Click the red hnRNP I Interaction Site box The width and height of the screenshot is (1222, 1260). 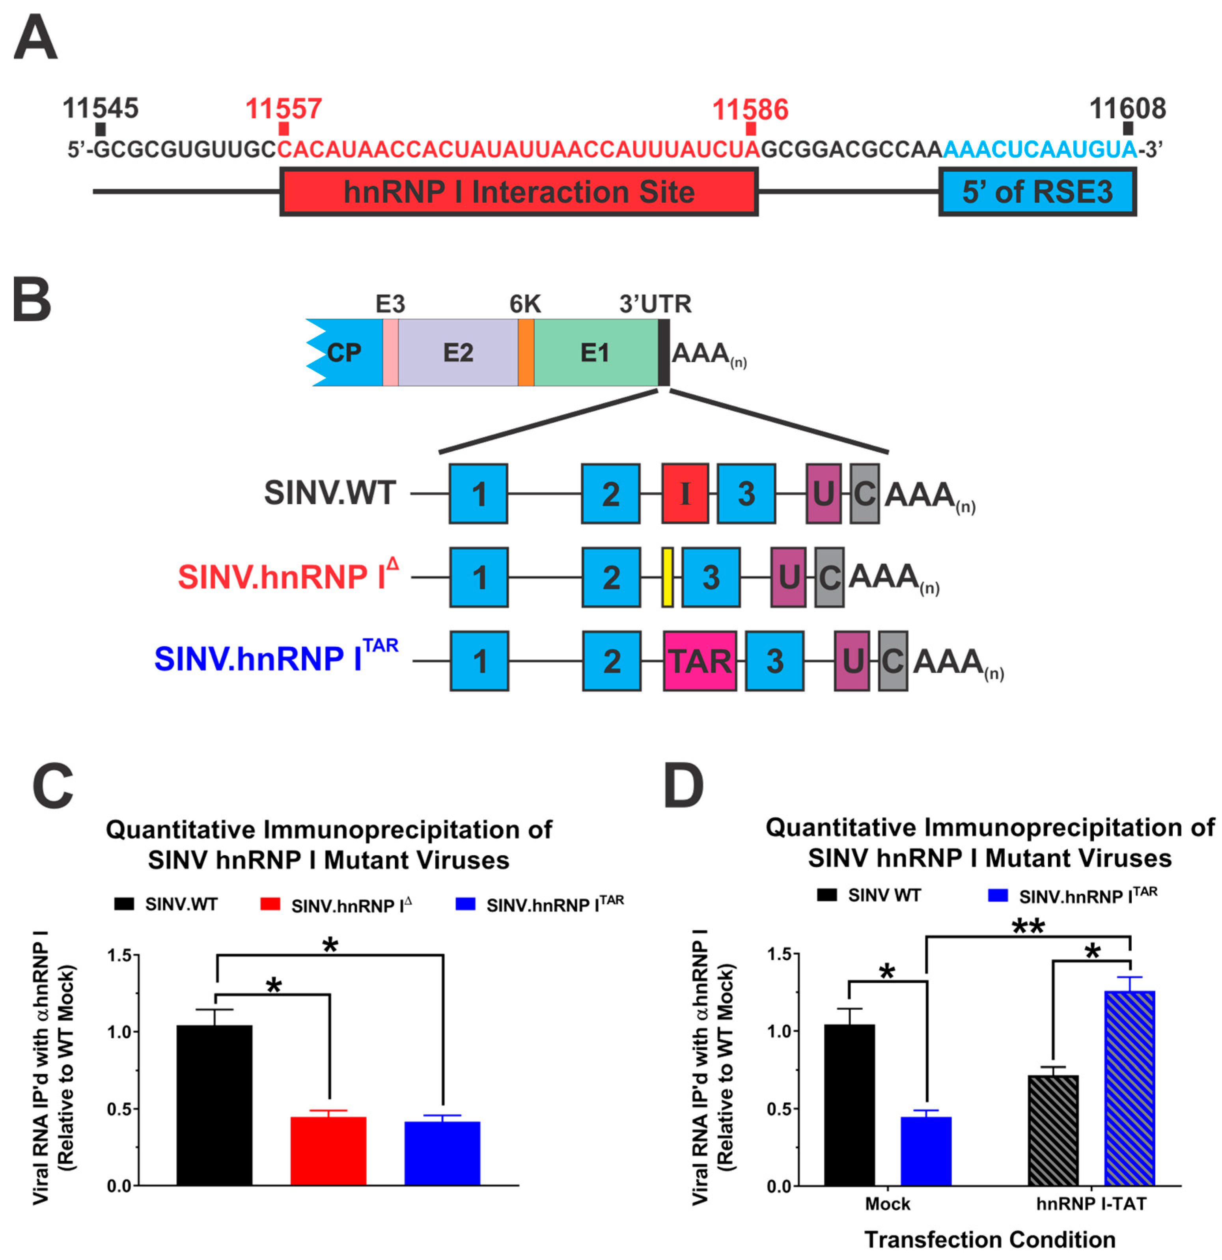(x=519, y=192)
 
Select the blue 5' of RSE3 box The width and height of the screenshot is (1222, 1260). (x=1037, y=192)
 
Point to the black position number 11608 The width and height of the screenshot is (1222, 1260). (x=1127, y=108)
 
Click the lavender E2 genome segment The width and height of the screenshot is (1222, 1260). (x=458, y=352)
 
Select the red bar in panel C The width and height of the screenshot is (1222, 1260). (x=328, y=1151)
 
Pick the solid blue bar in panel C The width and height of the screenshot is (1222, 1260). (x=442, y=1153)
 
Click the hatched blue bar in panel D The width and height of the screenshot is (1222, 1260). (x=1129, y=1088)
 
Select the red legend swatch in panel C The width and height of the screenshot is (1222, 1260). (x=270, y=904)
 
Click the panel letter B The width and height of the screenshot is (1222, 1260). (x=32, y=300)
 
